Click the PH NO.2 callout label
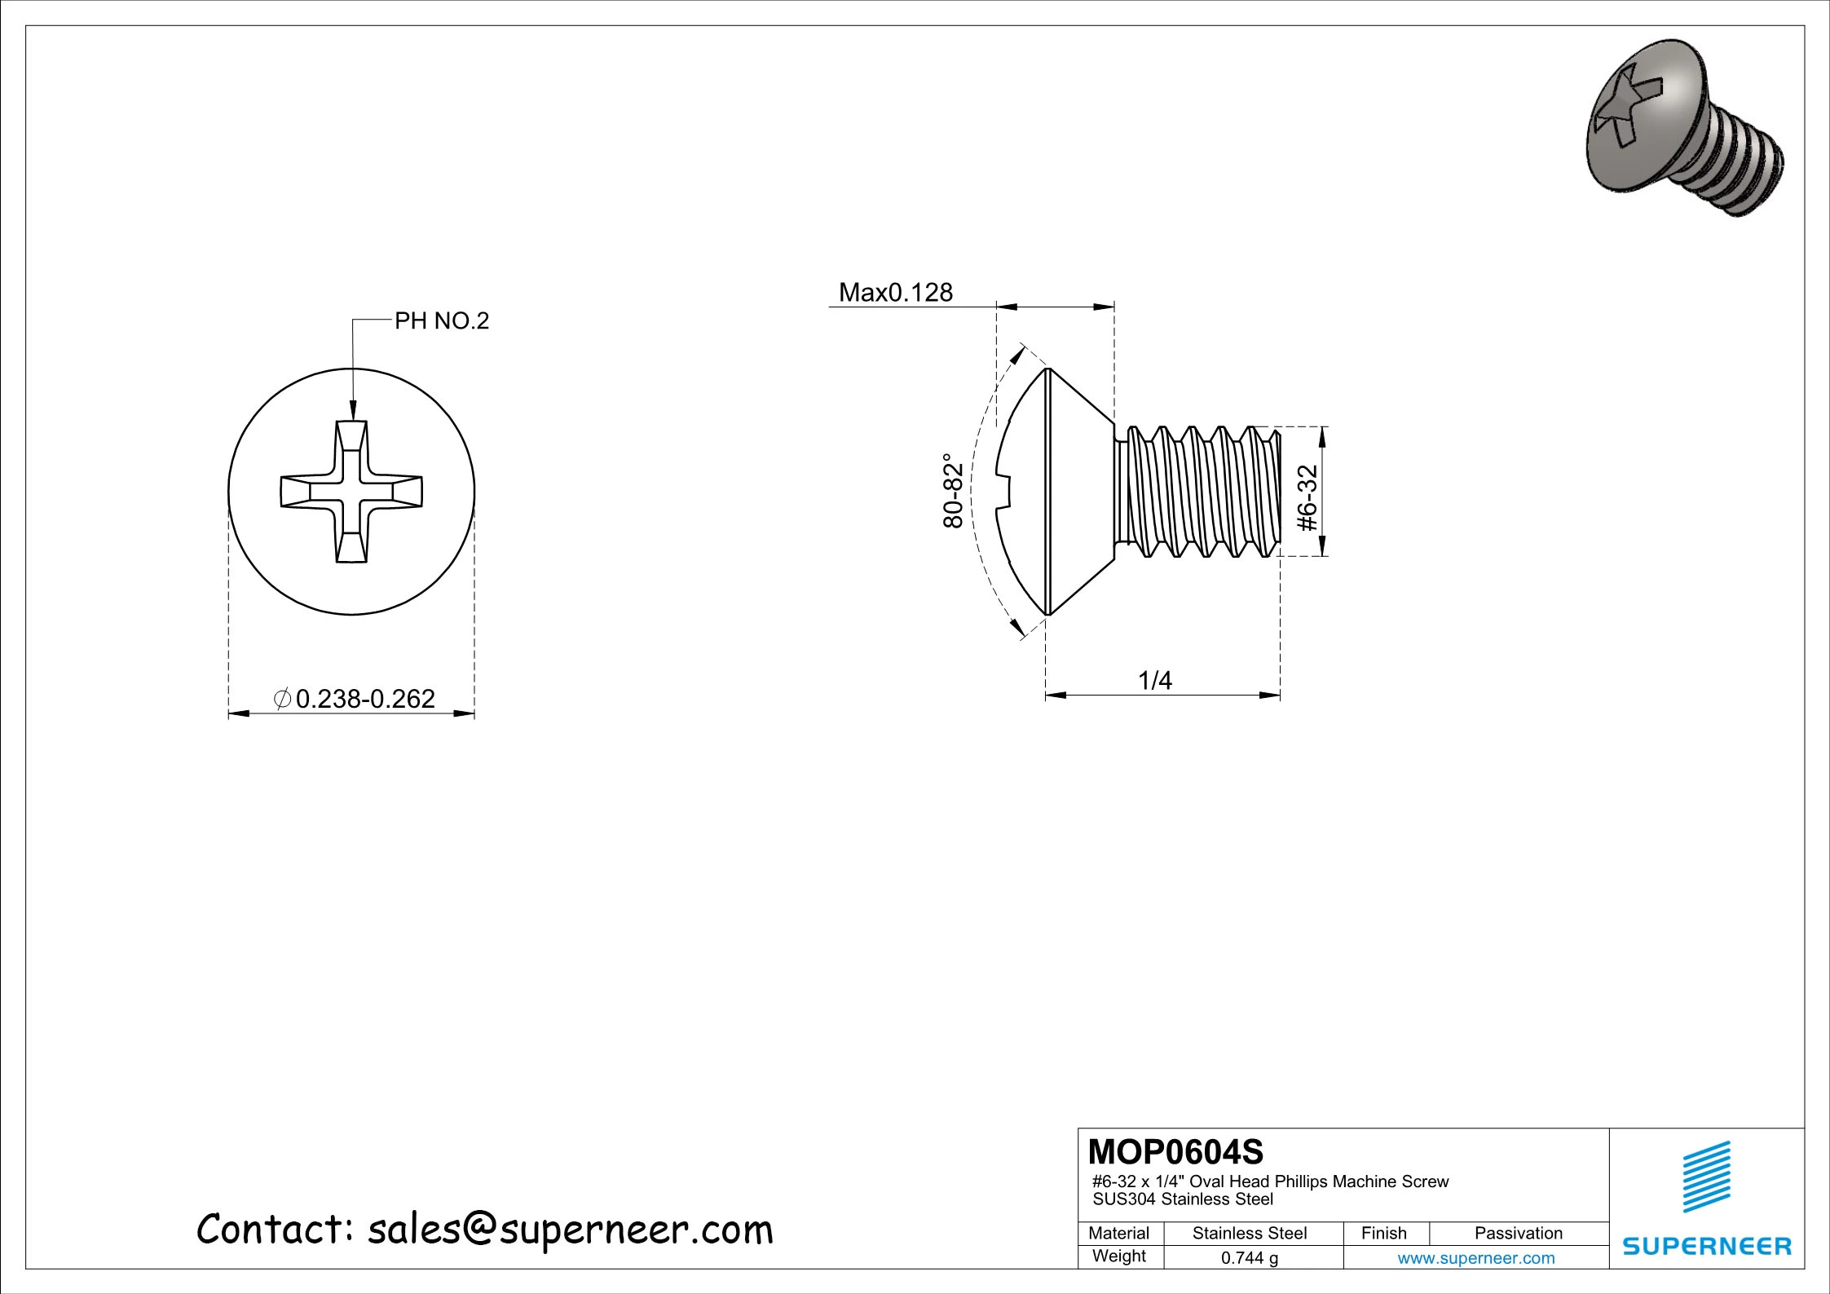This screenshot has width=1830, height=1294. [441, 321]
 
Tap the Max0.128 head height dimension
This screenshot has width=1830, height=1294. [895, 292]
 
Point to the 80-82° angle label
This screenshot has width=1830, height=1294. [953, 491]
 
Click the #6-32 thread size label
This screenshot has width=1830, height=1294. [1307, 498]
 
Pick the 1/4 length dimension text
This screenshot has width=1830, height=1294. [1154, 680]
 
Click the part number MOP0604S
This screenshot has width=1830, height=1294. [1175, 1152]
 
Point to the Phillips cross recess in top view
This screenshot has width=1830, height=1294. [351, 492]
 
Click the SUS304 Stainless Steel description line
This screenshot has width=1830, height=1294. [1183, 1199]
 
